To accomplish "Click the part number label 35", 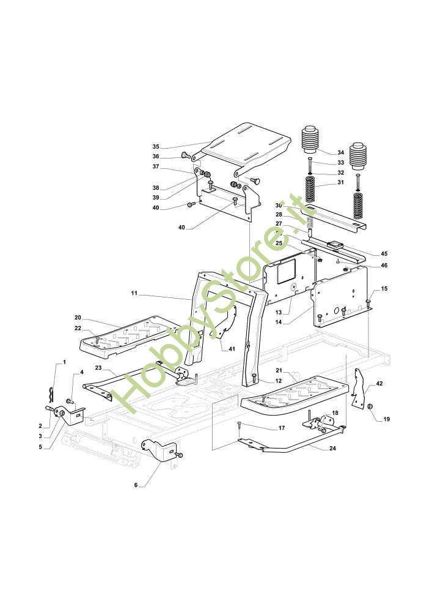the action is (156, 147).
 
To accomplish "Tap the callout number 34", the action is (341, 152).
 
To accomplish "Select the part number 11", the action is (134, 294).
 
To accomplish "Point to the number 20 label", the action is (78, 318).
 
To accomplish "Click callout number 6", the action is (136, 486).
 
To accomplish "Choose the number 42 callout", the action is (379, 383).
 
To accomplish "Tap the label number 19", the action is (387, 419).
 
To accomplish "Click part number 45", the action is (384, 253).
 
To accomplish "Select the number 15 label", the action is (384, 288).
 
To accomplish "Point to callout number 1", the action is (64, 364).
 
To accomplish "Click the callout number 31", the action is (341, 183).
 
